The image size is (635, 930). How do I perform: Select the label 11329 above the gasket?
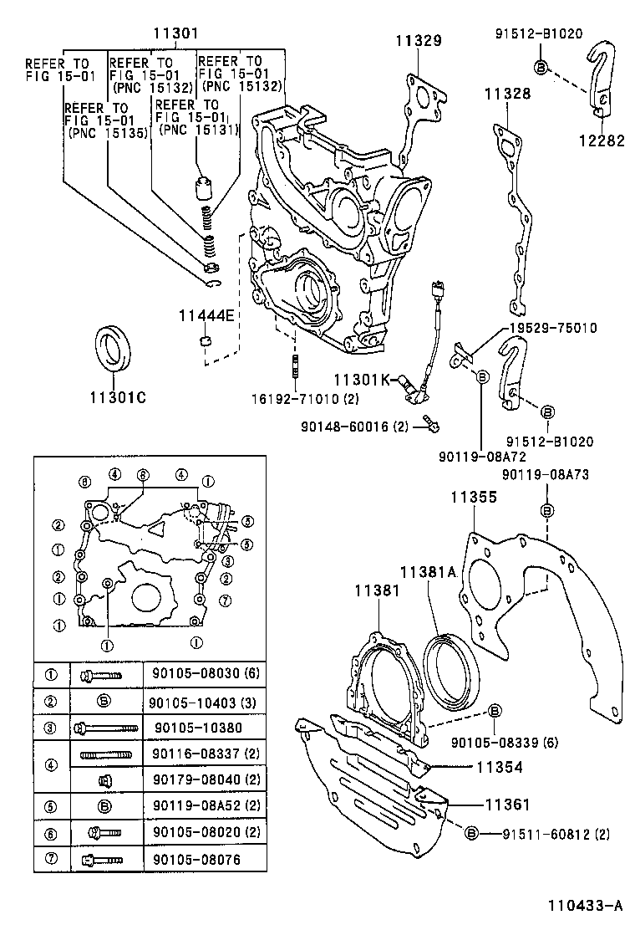point(419,40)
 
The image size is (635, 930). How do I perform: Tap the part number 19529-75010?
point(550,328)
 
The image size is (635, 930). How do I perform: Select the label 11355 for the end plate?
point(474,497)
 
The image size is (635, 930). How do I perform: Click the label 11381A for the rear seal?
point(427,572)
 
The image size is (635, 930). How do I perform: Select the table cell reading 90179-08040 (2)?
point(194,779)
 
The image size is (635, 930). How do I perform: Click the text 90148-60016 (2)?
point(353,427)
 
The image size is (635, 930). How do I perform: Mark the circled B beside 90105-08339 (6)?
point(494,710)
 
